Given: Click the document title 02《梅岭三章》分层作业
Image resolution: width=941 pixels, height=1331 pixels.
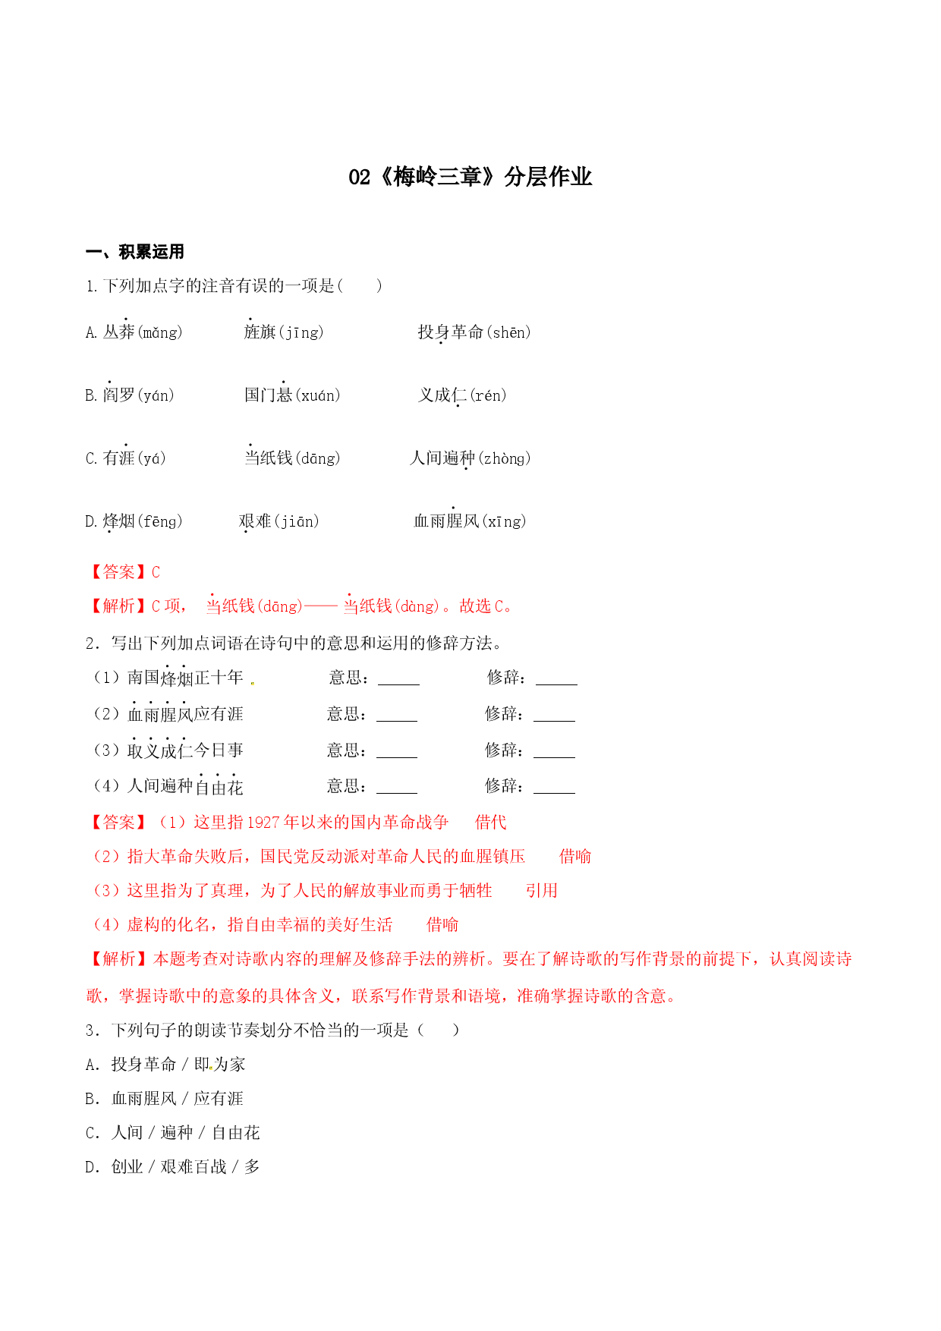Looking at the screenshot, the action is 470,177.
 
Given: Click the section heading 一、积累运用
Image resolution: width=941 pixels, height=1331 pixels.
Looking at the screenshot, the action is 135,252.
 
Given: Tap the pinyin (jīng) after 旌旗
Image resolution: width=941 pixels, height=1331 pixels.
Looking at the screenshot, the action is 301,332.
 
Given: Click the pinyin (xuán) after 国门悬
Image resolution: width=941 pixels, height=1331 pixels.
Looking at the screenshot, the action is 317,395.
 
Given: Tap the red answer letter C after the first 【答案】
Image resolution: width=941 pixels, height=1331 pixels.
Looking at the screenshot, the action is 156,572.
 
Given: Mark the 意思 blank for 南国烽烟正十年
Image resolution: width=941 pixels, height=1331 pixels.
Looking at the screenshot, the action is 398,678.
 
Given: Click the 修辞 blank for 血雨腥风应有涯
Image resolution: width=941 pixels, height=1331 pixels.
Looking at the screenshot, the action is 554,715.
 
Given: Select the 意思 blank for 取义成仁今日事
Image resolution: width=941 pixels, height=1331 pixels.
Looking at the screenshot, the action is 397,751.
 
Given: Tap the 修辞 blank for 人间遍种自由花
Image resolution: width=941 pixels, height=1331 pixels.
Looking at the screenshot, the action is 554,787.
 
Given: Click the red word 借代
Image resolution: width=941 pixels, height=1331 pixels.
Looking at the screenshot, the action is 491,823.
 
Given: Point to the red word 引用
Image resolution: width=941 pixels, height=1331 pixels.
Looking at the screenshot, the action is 542,891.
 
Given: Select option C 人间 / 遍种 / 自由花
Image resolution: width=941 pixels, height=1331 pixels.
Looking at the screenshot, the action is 173,1133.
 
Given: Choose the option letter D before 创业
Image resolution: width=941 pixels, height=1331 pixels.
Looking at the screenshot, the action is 91,1167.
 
